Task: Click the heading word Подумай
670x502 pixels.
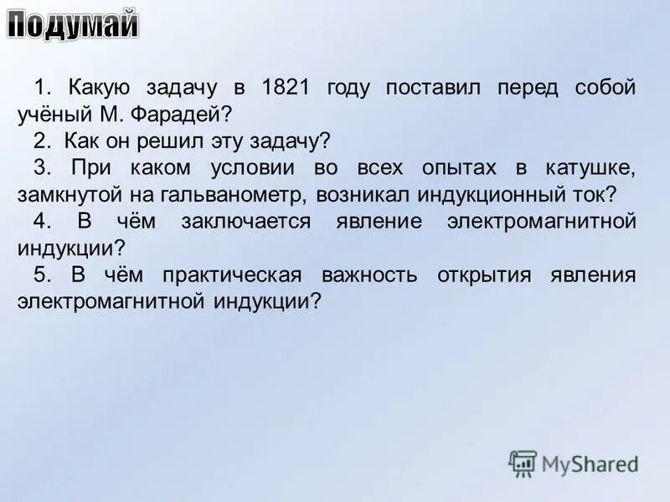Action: pyautogui.click(x=73, y=27)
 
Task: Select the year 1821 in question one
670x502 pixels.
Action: pyautogui.click(x=289, y=87)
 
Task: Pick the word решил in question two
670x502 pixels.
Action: pyautogui.click(x=178, y=141)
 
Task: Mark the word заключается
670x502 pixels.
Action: pyautogui.click(x=245, y=222)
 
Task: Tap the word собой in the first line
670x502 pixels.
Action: pyautogui.click(x=606, y=87)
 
